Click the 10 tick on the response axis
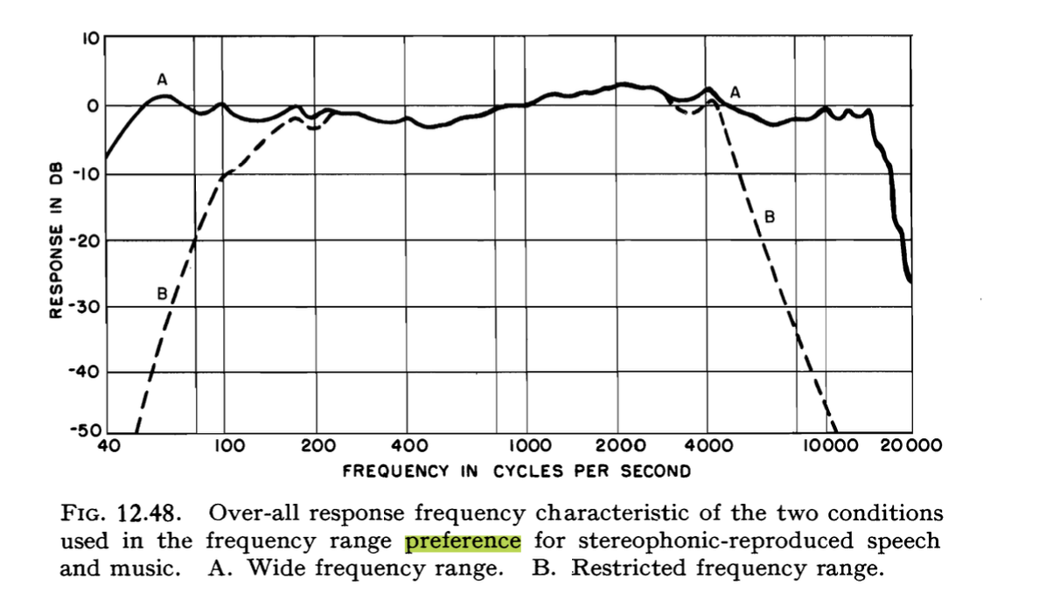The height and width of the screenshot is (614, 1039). (90, 38)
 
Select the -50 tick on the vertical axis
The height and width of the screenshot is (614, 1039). (87, 430)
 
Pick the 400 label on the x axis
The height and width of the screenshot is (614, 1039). (410, 445)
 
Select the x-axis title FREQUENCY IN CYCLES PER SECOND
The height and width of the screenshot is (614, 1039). (516, 471)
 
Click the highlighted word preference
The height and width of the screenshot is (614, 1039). (463, 541)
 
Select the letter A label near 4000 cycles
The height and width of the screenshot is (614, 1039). (735, 91)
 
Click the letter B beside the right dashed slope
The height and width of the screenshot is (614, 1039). (769, 215)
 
